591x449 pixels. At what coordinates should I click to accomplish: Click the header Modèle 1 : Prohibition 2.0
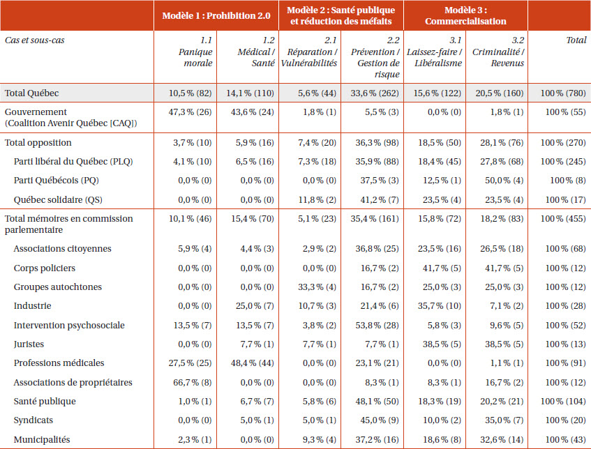[216, 15]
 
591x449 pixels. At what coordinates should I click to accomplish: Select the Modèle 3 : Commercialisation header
[465, 15]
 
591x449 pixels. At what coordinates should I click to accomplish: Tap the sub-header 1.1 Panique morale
[195, 52]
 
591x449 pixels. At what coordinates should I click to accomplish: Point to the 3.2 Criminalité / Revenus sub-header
[498, 52]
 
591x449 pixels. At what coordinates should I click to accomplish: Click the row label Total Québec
[31, 93]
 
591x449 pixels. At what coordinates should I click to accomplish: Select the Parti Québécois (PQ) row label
[56, 181]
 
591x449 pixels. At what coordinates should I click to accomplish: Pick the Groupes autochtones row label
[58, 287]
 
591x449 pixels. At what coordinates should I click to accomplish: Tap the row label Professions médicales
[59, 363]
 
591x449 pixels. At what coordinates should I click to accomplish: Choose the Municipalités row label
[42, 439]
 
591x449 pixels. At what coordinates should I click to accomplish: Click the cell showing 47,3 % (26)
[190, 112]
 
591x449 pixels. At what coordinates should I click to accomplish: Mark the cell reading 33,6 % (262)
[375, 93]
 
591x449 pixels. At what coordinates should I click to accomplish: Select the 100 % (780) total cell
[563, 93]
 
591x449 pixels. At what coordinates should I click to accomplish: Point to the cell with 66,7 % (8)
[192, 382]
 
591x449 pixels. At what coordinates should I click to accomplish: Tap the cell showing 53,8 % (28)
[377, 325]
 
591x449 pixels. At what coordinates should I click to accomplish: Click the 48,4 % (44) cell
[252, 363]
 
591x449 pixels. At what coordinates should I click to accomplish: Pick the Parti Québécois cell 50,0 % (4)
[504, 181]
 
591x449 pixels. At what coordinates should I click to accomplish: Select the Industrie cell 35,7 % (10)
[439, 306]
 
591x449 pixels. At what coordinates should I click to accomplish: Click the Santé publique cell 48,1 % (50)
[377, 402]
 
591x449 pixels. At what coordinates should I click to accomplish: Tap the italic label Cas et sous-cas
[35, 40]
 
